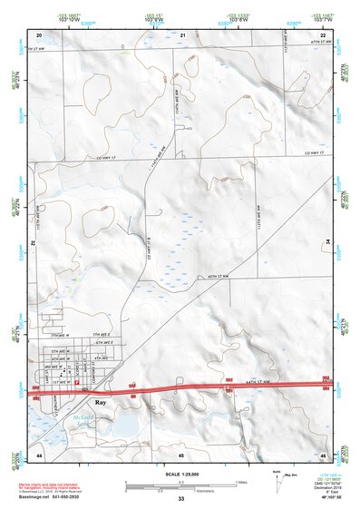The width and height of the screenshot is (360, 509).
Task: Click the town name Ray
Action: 102,407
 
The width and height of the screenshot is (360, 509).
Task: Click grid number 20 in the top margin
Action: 41,34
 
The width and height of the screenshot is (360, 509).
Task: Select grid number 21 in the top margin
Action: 182,34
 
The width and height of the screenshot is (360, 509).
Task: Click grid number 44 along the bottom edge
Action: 40,454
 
